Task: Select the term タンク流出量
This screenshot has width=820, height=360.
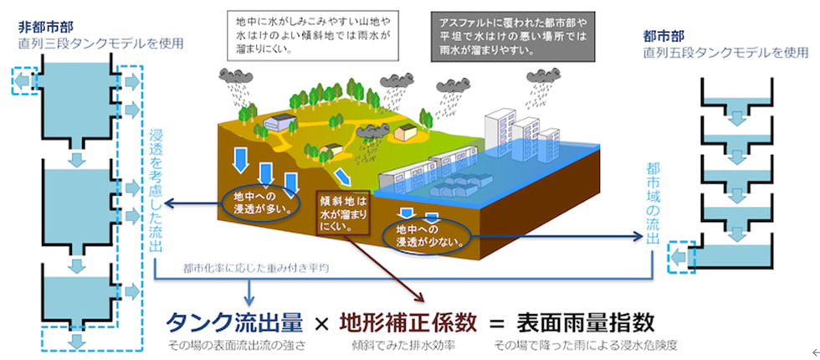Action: click(235, 323)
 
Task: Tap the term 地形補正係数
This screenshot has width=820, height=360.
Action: click(408, 323)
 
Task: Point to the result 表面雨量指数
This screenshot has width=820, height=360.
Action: click(585, 323)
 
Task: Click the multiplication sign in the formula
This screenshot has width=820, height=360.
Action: click(321, 325)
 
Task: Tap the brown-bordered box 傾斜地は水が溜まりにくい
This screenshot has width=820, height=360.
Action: click(343, 213)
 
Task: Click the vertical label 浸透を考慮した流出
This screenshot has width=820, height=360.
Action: click(156, 191)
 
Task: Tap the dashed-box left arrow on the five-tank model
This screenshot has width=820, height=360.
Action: click(679, 257)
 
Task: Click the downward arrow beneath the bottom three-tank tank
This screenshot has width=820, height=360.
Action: click(77, 342)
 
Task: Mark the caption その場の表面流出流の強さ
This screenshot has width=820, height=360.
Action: click(235, 347)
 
